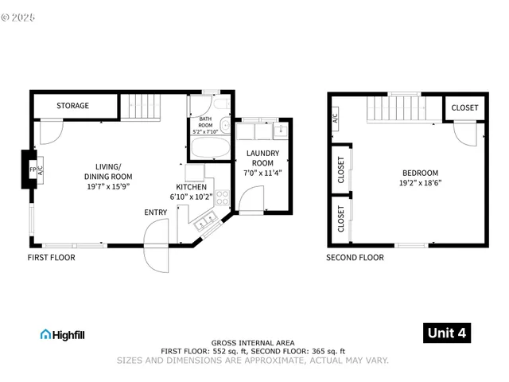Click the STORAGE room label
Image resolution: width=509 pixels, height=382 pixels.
72,106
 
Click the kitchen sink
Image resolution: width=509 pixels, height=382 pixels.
205,220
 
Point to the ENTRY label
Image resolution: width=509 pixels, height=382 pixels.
156,212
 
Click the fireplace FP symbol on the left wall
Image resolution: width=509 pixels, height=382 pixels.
33,170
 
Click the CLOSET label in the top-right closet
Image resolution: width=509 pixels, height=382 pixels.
465,108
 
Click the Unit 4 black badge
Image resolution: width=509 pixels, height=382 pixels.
446,333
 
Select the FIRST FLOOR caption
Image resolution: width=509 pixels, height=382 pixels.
51,258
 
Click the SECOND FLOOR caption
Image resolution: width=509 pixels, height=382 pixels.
355,258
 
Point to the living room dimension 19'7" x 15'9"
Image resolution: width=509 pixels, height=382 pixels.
109,186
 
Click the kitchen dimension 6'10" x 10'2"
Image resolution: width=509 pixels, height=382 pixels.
191,196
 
